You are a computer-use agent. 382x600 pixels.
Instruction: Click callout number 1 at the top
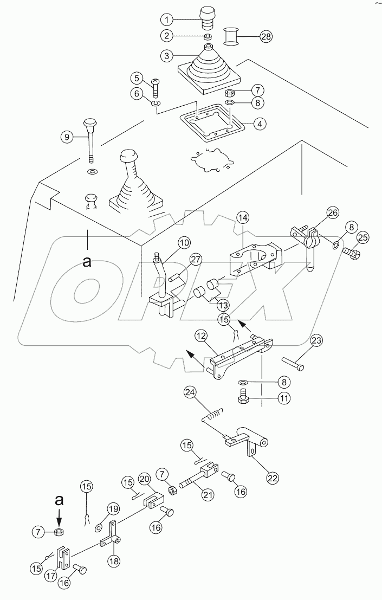click(x=168, y=20)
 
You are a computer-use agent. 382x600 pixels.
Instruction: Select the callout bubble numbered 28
click(x=266, y=37)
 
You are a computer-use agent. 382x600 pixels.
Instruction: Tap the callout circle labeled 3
click(x=168, y=55)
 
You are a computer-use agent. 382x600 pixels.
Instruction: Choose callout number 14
click(x=243, y=218)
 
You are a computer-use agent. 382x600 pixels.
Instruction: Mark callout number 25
click(x=362, y=237)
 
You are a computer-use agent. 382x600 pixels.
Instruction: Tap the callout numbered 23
click(x=316, y=341)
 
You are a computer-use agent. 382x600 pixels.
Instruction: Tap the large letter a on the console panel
click(x=87, y=262)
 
